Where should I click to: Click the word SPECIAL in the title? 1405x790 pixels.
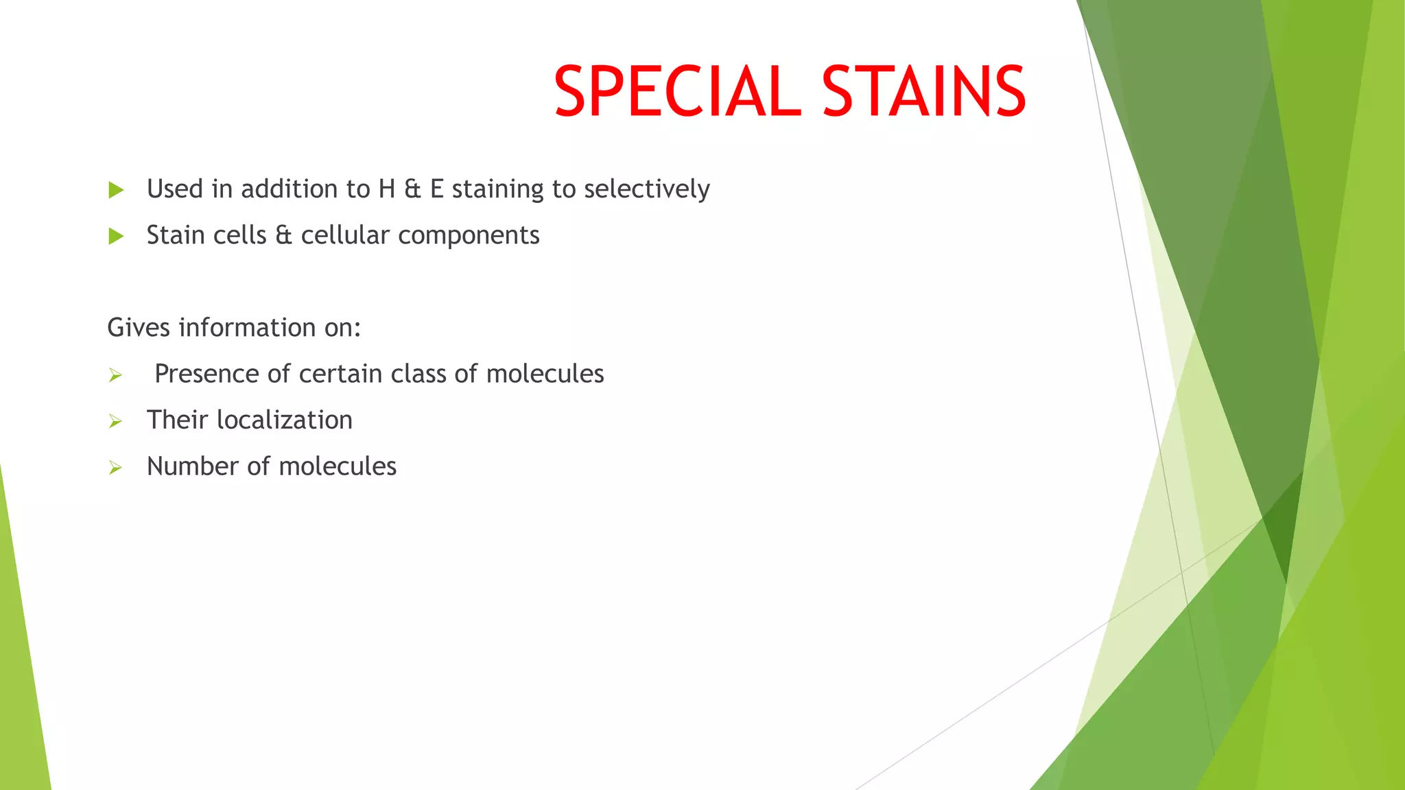pyautogui.click(x=676, y=91)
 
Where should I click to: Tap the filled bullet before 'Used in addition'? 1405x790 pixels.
pyautogui.click(x=116, y=190)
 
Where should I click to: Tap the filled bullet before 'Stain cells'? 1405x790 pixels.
pyautogui.click(x=116, y=237)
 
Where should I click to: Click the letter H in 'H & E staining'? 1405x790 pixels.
pyautogui.click(x=386, y=189)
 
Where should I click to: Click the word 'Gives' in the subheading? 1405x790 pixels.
pyautogui.click(x=138, y=328)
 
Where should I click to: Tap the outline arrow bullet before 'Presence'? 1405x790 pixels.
pyautogui.click(x=115, y=375)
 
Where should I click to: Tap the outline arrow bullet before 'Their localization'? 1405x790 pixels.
pyautogui.click(x=115, y=421)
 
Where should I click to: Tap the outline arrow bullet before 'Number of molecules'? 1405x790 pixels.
pyautogui.click(x=115, y=468)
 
